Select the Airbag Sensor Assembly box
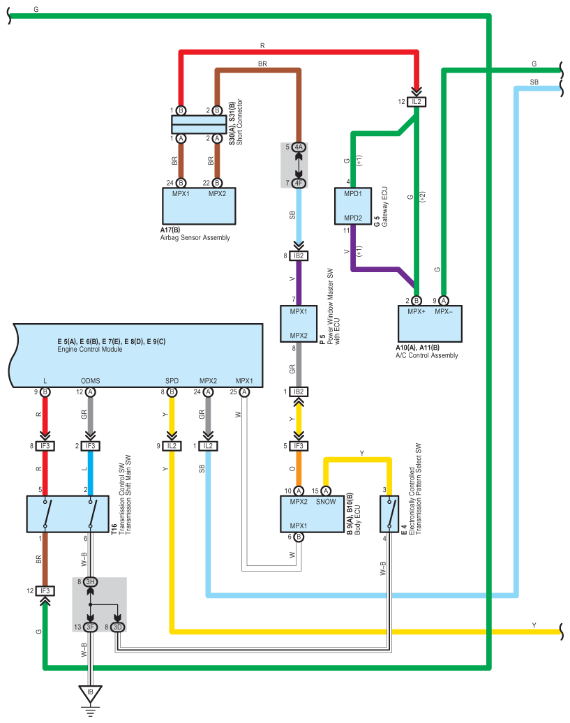pyautogui.click(x=199, y=206)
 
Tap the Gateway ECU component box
pyautogui.click(x=353, y=206)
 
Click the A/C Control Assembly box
pyautogui.click(x=430, y=324)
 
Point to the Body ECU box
pyautogui.click(x=313, y=514)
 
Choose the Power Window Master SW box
pyautogui.click(x=299, y=324)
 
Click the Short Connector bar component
pyautogui.click(x=199, y=124)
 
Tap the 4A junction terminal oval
pyautogui.click(x=299, y=147)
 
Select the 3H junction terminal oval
pyautogui.click(x=90, y=582)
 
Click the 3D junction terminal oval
pyautogui.click(x=117, y=627)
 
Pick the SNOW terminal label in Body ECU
pyautogui.click(x=326, y=502)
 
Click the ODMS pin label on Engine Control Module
pyautogui.click(x=90, y=381)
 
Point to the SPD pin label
pyautogui.click(x=172, y=381)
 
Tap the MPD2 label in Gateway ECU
pyautogui.click(x=353, y=218)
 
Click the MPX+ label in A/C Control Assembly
pyautogui.click(x=417, y=312)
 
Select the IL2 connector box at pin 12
pyautogui.click(x=417, y=102)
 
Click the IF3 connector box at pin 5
pyautogui.click(x=299, y=446)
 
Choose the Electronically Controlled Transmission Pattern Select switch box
pyautogui.click(x=389, y=514)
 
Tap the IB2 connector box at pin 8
pyautogui.click(x=299, y=256)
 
